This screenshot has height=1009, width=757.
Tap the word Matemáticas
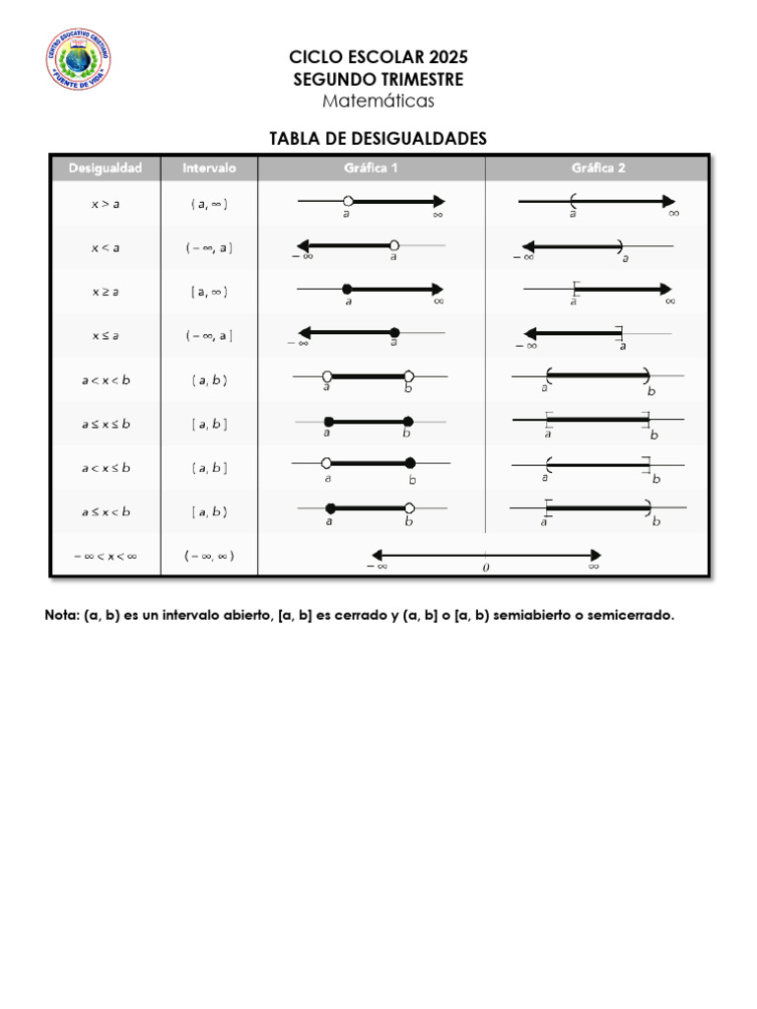point(378,101)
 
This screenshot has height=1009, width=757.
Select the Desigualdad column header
point(105,168)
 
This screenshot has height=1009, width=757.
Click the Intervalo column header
point(209,168)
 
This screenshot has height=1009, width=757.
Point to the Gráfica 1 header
point(371,168)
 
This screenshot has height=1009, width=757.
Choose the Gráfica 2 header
point(598,168)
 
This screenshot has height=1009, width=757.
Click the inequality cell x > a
point(104,205)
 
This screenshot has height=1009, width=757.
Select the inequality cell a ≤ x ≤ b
point(104,424)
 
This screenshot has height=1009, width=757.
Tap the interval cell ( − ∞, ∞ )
point(209,556)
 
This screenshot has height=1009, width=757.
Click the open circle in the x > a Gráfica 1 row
point(348,201)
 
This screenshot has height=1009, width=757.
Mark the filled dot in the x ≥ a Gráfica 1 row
point(347,288)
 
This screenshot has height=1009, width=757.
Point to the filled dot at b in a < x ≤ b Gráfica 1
point(410,463)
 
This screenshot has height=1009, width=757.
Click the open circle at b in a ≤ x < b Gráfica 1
point(409,508)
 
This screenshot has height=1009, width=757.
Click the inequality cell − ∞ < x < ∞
point(104,556)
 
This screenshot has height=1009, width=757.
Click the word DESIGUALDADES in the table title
point(427,139)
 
